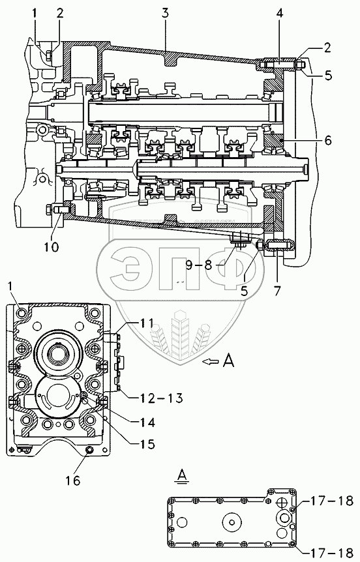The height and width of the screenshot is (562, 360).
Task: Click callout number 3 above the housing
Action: (x=164, y=14)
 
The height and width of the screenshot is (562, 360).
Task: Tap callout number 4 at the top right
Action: (x=280, y=14)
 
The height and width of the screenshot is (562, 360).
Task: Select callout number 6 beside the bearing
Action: (x=328, y=140)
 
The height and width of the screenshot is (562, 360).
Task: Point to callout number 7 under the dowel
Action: (x=278, y=290)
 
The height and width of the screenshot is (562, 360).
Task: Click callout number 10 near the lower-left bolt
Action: (x=52, y=246)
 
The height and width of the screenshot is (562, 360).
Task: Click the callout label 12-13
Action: (x=157, y=398)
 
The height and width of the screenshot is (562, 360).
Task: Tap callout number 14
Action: (x=147, y=422)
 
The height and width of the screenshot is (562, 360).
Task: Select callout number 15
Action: (x=147, y=445)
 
